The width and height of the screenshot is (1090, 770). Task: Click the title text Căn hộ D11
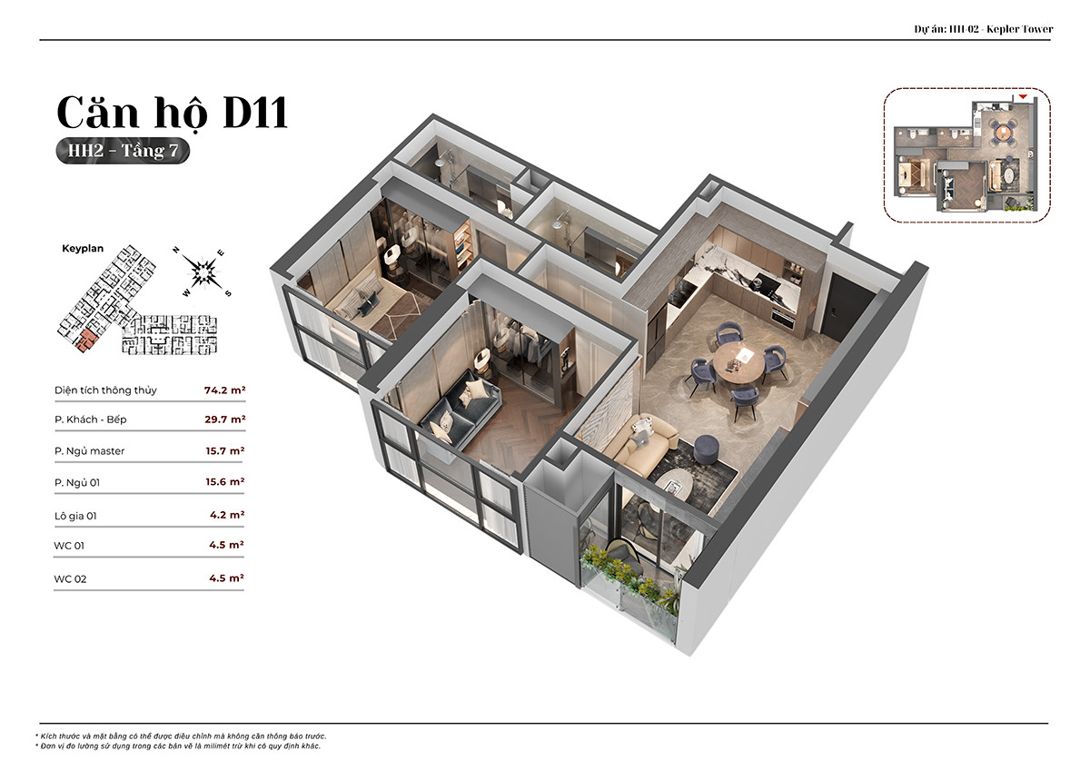pyautogui.click(x=173, y=113)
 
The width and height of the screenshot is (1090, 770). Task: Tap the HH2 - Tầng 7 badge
pyautogui.click(x=123, y=151)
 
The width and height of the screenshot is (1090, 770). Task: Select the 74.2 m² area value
pyautogui.click(x=224, y=390)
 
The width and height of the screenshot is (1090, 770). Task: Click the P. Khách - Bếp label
pyautogui.click(x=91, y=420)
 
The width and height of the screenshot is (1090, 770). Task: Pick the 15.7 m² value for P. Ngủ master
pyautogui.click(x=225, y=451)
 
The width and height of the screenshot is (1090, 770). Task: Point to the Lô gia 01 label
pyautogui.click(x=75, y=516)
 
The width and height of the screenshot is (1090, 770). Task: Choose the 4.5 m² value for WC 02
pyautogui.click(x=226, y=578)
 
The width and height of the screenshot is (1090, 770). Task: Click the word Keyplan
pyautogui.click(x=83, y=249)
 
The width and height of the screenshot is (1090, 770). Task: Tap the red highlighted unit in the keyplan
pyautogui.click(x=86, y=340)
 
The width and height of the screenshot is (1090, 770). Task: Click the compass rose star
pyautogui.click(x=203, y=271)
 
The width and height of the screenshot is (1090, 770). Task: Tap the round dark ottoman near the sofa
pyautogui.click(x=707, y=449)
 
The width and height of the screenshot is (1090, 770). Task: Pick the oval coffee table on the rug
pyautogui.click(x=674, y=485)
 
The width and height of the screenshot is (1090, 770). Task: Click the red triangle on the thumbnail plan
pyautogui.click(x=1023, y=97)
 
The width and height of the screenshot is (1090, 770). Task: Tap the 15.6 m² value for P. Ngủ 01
pyautogui.click(x=225, y=481)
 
